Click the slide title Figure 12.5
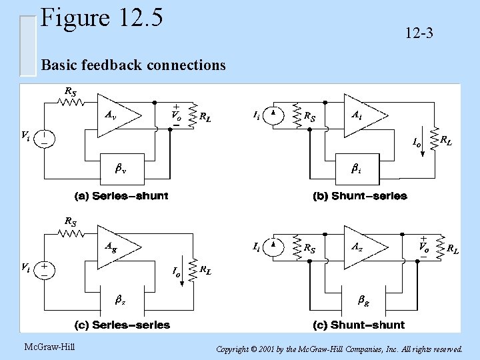[101, 19]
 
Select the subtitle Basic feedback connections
[133, 65]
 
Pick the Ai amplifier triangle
[363, 117]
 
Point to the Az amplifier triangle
[363, 247]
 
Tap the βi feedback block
[356, 169]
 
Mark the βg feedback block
[364, 301]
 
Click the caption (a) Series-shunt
[121, 196]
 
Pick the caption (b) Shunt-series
[359, 196]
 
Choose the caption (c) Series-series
[121, 325]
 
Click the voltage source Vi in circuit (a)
[45, 139]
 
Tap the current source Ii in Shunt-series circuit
[273, 117]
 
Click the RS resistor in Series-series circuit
[70, 233]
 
